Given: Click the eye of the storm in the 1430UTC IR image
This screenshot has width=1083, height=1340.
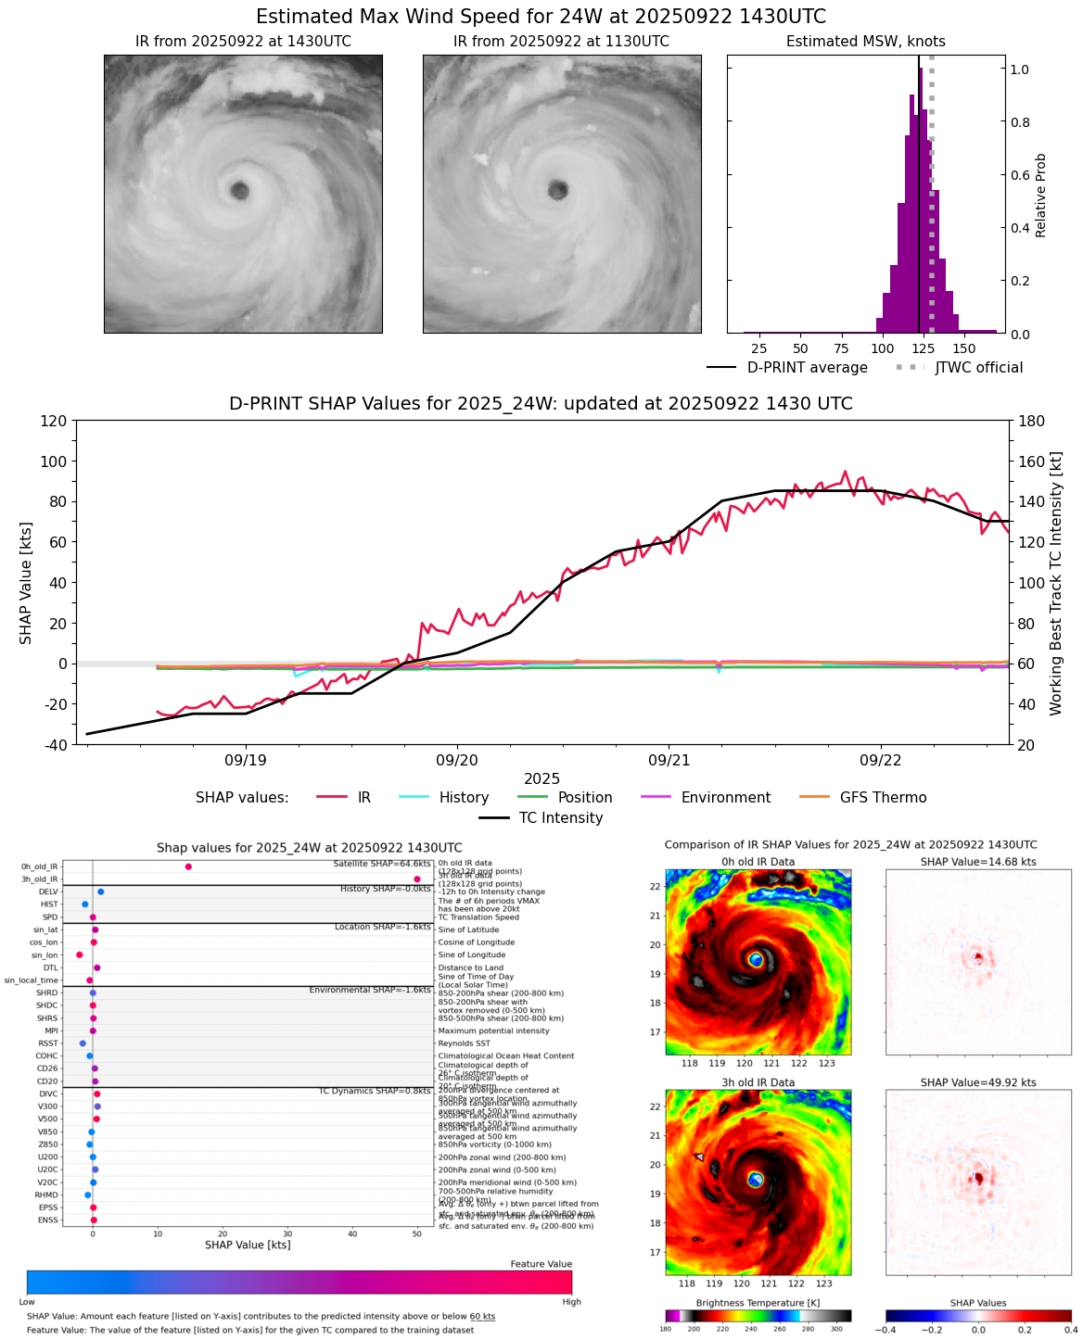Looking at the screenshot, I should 240,191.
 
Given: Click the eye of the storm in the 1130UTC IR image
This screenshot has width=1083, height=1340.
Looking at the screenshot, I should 557,191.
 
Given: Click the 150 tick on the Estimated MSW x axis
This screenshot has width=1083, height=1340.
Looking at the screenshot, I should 964,348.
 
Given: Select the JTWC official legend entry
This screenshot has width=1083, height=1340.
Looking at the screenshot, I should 978,368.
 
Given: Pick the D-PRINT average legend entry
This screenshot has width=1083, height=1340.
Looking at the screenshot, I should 807,368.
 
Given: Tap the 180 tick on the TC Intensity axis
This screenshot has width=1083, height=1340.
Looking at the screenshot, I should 1032,422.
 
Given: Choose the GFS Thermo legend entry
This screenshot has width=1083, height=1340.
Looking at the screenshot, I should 883,798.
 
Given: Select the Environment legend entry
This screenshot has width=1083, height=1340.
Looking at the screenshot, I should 725,798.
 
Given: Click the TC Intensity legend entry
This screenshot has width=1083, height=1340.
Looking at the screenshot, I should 560,818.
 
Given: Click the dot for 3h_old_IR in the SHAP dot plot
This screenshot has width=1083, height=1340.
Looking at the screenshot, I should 417,879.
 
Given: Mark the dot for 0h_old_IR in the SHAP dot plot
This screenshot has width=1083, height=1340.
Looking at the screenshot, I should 188,866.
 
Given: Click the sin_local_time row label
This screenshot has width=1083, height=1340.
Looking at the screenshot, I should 31,980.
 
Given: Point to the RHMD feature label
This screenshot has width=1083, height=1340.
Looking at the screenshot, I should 46,1195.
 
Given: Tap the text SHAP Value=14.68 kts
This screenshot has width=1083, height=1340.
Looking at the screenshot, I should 978,862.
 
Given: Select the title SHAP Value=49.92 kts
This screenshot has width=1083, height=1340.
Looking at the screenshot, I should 978,1082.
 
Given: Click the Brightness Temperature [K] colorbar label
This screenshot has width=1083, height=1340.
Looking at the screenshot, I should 758,1303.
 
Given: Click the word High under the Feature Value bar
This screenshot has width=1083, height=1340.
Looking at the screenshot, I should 571,1302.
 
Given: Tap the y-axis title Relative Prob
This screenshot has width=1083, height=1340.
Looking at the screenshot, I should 1040,196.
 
